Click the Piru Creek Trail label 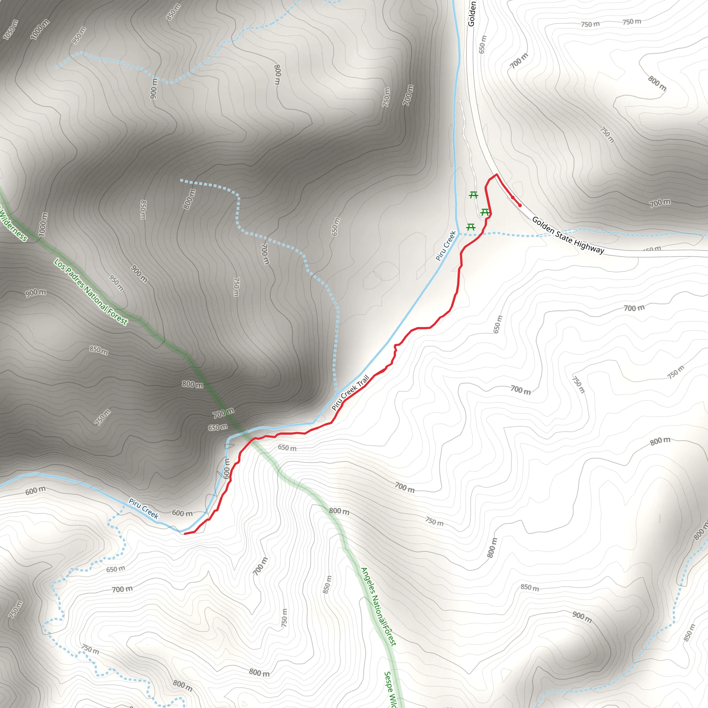point(350,392)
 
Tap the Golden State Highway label point(568,235)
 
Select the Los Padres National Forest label point(91,292)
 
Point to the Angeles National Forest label point(378,606)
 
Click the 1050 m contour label point(10,29)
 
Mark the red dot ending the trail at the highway point(520,206)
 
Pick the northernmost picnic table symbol point(474,195)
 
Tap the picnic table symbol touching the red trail point(485,212)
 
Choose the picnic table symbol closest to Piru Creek point(471,227)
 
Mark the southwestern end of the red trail point(184,533)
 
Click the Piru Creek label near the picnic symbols point(446,246)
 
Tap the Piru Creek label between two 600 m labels point(143,509)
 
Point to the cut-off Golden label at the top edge point(472,13)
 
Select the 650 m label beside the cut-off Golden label point(483,44)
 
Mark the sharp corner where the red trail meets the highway point(496,175)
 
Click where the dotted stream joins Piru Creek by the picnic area point(458,234)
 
